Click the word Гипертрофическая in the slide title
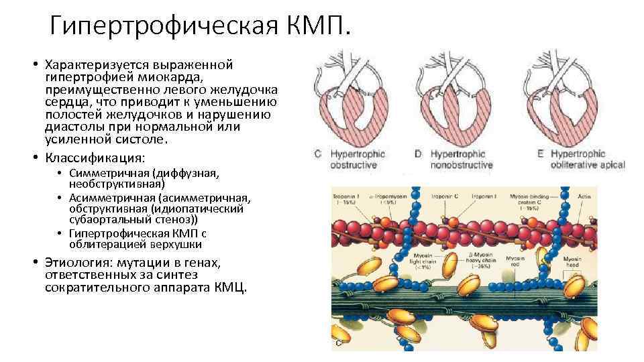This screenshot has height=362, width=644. point(161,27)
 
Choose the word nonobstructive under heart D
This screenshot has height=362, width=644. point(462,165)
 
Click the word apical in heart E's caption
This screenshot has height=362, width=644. point(610,165)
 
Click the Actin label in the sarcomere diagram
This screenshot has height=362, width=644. point(585,196)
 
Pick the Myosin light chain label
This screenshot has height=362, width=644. point(422,262)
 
